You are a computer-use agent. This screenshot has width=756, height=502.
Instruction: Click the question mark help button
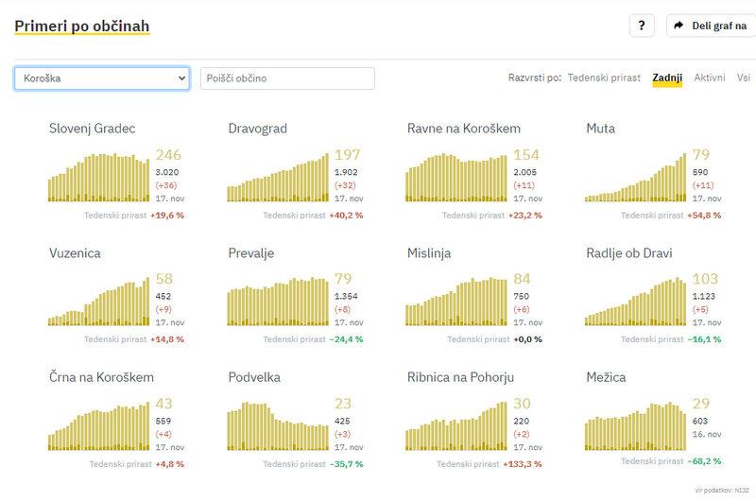(x=642, y=26)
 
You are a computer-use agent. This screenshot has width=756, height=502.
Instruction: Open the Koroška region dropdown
(x=102, y=78)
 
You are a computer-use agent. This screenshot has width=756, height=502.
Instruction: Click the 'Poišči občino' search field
(x=287, y=78)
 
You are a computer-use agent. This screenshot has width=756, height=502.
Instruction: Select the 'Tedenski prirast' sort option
(x=604, y=78)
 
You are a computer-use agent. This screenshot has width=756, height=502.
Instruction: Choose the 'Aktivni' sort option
(x=710, y=78)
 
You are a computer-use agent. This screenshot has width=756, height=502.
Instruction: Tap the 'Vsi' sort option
(x=744, y=78)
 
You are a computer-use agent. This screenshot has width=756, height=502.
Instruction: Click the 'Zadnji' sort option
(x=667, y=78)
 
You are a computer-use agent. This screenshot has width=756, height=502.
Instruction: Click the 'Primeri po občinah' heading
(x=81, y=26)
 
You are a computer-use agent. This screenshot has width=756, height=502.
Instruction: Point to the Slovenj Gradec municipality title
(x=93, y=129)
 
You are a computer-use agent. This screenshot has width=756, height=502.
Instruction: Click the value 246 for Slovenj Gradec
(x=167, y=155)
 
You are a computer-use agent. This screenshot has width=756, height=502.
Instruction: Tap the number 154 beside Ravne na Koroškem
(x=526, y=155)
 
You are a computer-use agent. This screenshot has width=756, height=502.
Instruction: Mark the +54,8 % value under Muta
(x=705, y=216)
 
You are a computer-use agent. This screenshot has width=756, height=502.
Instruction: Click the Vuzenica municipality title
(x=75, y=253)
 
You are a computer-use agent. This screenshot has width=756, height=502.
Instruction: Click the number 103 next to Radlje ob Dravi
(x=705, y=280)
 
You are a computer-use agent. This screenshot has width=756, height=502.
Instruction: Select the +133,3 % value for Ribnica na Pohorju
(x=525, y=464)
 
